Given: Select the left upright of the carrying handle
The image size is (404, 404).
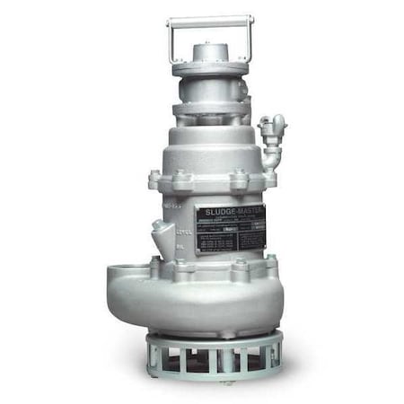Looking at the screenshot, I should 171,40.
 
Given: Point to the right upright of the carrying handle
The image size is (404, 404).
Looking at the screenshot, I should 248,40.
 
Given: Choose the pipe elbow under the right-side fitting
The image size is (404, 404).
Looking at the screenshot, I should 268,154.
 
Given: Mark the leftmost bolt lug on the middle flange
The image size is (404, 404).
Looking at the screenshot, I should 154,181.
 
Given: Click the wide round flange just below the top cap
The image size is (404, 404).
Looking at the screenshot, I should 209,68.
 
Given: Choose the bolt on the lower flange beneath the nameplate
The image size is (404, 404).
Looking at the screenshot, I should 239,265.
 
